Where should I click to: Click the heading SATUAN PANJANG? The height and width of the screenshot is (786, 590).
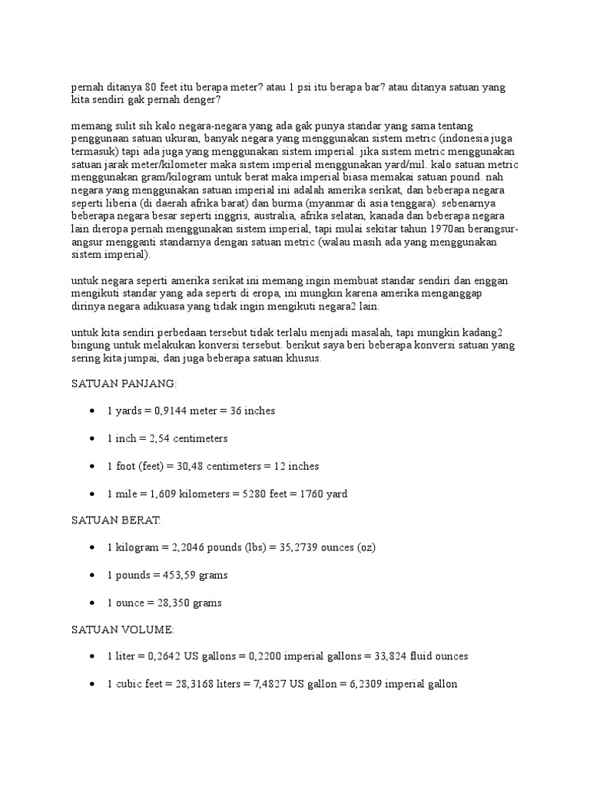(x=123, y=383)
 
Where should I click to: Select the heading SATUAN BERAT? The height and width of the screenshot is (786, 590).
(x=116, y=520)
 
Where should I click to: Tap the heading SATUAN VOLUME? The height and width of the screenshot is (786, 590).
(x=123, y=629)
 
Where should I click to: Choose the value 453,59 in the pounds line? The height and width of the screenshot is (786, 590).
(x=172, y=575)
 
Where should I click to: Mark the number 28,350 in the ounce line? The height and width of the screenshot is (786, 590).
(x=167, y=603)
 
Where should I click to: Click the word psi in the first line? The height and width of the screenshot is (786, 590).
(x=291, y=88)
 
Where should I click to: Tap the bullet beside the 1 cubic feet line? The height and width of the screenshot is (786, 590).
(x=92, y=684)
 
